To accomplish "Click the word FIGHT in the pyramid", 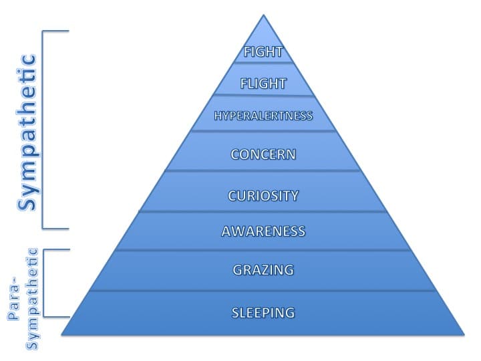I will (263, 51).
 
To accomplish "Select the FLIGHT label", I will (263, 84).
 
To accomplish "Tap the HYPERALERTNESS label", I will (263, 116).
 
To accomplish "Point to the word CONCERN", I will (263, 154).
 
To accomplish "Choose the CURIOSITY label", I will (263, 196).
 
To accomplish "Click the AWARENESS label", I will (263, 231).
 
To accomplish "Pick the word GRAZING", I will (263, 270).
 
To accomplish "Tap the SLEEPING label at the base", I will (263, 312).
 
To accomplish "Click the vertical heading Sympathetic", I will (27, 132).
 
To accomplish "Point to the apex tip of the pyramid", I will (264, 15).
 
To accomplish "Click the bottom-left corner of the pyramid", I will (62, 334).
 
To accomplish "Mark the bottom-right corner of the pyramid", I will (464, 334).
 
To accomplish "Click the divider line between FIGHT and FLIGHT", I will (263, 64).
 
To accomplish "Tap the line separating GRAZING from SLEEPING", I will (263, 291).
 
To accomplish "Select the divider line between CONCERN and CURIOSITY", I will (263, 171).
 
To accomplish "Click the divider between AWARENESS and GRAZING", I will (263, 251).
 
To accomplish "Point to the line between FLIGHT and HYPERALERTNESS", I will (263, 96).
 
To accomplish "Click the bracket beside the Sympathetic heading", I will (44, 130).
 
